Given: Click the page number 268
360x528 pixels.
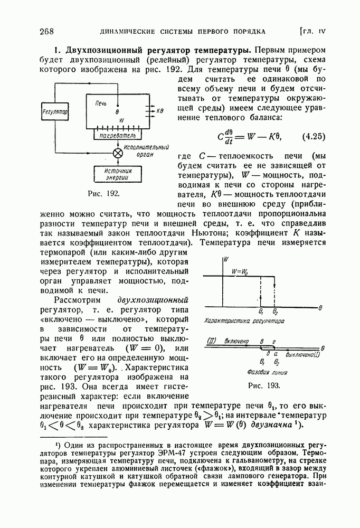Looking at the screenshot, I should pyautogui.click(x=48, y=31).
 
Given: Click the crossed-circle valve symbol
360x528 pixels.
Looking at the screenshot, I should pyautogui.click(x=119, y=153).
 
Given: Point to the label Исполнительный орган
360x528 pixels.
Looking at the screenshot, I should pyautogui.click(x=142, y=151).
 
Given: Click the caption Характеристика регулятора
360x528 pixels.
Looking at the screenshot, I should pyautogui.click(x=244, y=321).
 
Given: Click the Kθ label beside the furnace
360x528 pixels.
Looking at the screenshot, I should pyautogui.click(x=161, y=111).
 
